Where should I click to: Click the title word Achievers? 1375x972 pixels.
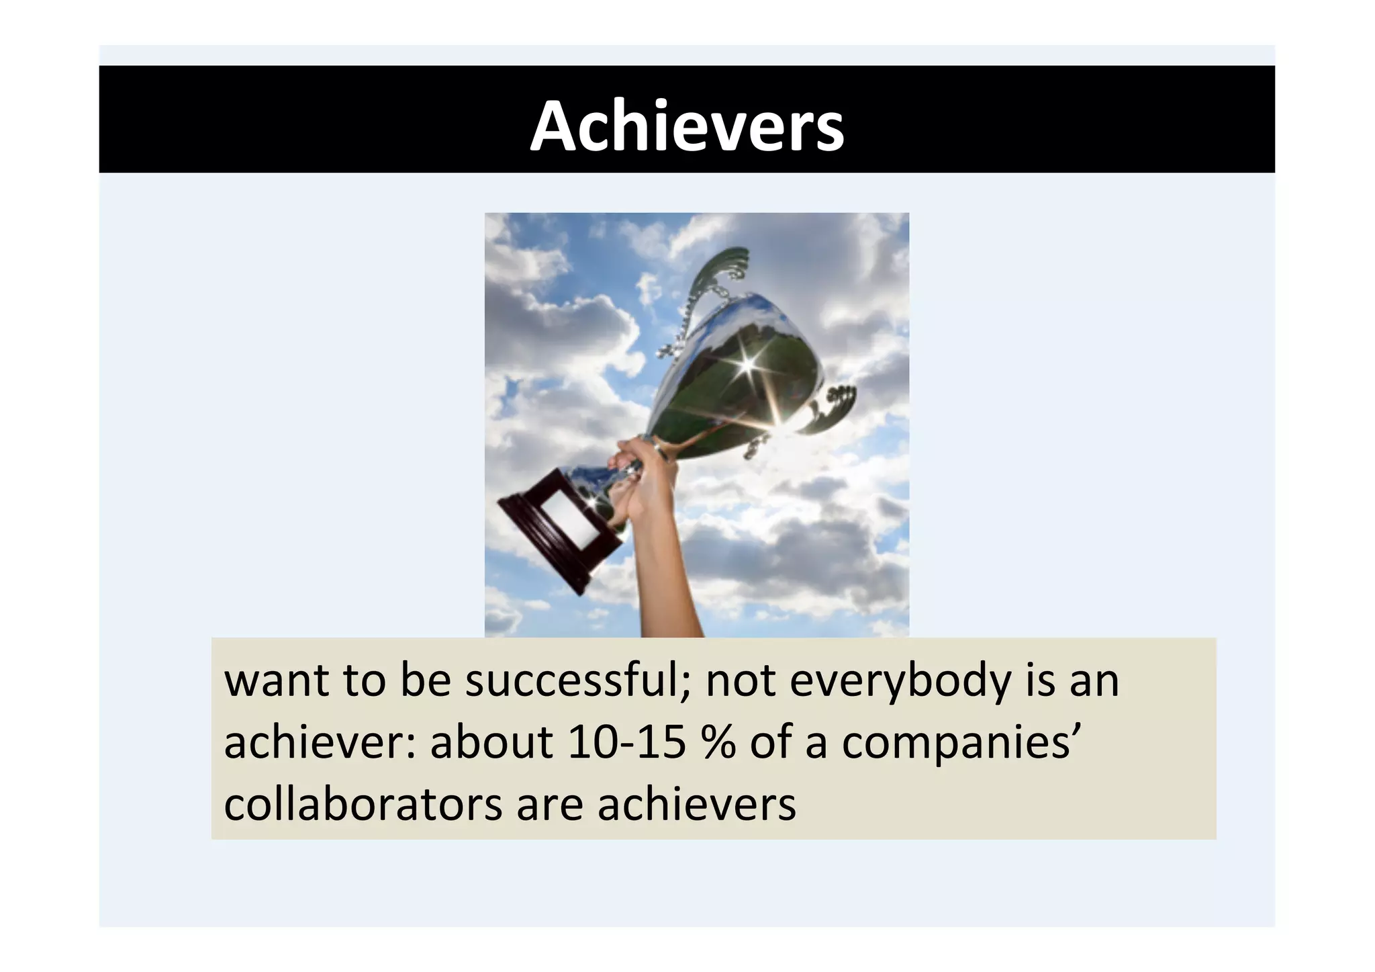pyautogui.click(x=687, y=127)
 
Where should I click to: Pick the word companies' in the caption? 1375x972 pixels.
pyautogui.click(x=956, y=744)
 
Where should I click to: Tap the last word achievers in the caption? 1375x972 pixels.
pyautogui.click(x=696, y=803)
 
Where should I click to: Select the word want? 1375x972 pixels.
pyautogui.click(x=276, y=681)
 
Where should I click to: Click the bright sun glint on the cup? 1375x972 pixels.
pyautogui.click(x=747, y=365)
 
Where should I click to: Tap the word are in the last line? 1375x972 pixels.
pyautogui.click(x=549, y=805)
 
